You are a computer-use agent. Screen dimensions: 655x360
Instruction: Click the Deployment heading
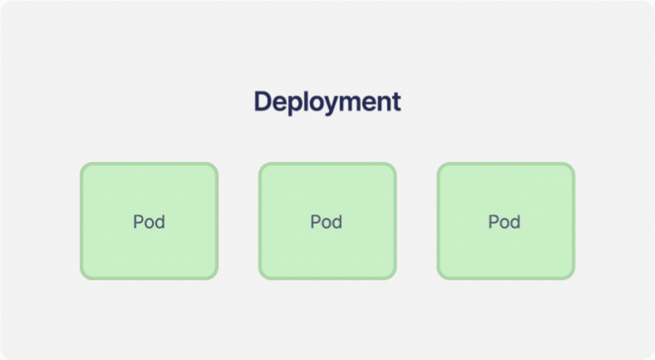pyautogui.click(x=327, y=102)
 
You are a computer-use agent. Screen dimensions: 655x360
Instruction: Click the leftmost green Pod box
pyautogui.click(x=149, y=221)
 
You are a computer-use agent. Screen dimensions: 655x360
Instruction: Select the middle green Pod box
pyautogui.click(x=327, y=221)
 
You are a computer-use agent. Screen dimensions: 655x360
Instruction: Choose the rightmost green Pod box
pyautogui.click(x=506, y=221)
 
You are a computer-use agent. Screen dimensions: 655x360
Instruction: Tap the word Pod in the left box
pyautogui.click(x=149, y=222)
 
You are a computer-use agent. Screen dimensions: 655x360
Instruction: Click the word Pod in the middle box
pyautogui.click(x=326, y=222)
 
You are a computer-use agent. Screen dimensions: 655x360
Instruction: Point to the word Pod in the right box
pyautogui.click(x=505, y=222)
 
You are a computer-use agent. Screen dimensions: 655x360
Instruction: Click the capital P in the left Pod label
pyautogui.click(x=138, y=222)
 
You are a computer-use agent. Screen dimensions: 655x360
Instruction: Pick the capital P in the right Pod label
pyautogui.click(x=494, y=222)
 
